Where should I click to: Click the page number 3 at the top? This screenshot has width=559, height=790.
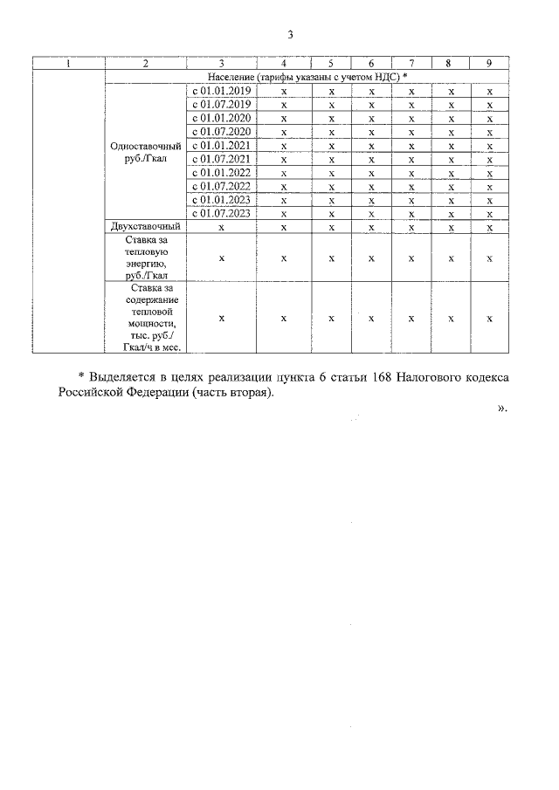click(290, 35)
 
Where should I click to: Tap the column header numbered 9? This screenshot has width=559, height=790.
click(490, 64)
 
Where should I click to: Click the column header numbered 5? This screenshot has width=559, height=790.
click(331, 64)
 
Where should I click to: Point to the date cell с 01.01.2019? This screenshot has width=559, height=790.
click(222, 91)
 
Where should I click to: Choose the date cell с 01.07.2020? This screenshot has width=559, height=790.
click(222, 131)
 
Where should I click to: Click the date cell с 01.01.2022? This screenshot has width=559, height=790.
click(222, 172)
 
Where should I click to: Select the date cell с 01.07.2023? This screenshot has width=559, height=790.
click(222, 212)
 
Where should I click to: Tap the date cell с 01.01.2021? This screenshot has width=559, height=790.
click(222, 145)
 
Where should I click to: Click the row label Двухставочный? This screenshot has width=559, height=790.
click(146, 226)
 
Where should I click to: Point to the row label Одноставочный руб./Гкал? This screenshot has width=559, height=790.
click(146, 152)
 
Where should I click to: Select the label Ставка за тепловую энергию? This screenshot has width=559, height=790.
click(146, 257)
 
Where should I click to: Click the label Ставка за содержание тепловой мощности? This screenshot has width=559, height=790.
click(146, 317)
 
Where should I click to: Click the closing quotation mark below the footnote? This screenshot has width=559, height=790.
click(501, 408)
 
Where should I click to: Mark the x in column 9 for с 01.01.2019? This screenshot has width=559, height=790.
click(490, 91)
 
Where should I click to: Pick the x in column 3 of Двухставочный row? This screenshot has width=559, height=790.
click(222, 226)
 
